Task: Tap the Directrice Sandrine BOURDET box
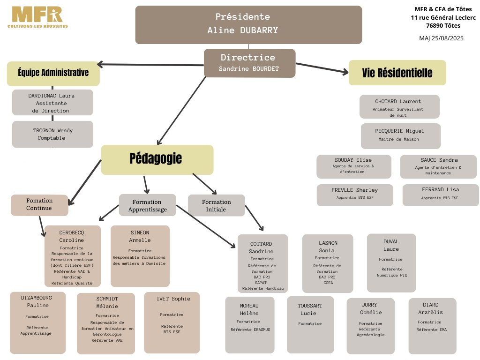(249, 63)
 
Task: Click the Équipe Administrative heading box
(53, 73)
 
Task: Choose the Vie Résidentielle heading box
(397, 73)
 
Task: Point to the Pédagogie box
(157, 159)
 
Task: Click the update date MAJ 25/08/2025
(441, 38)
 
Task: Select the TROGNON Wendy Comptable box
(52, 134)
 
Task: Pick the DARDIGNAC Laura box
(52, 102)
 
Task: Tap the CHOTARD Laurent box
(399, 107)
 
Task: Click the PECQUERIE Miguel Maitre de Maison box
(401, 135)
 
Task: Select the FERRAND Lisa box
(440, 195)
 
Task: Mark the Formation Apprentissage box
(147, 205)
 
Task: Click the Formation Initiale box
(216, 205)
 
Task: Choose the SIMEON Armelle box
(140, 255)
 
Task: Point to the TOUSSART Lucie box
(310, 324)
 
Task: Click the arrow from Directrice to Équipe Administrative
(150, 64)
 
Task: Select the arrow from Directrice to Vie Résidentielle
(322, 68)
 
